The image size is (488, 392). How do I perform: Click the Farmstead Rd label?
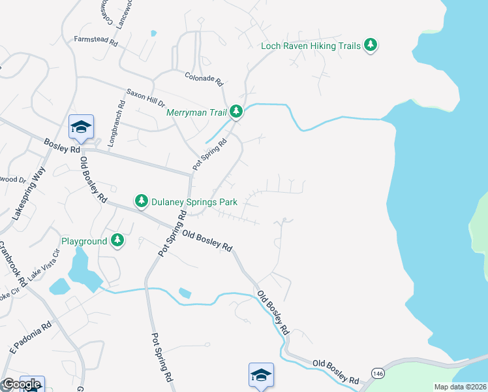click(x=95, y=41)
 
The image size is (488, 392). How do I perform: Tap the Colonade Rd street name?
click(x=204, y=79)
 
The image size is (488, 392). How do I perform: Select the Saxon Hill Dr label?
click(x=147, y=97)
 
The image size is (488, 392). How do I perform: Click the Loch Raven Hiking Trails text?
click(x=311, y=46)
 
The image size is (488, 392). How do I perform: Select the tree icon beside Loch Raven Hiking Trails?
click(x=371, y=45)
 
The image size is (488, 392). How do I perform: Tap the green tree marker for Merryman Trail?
click(x=236, y=112)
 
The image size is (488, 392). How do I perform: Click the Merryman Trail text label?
click(x=195, y=112)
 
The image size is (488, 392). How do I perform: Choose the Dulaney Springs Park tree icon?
click(x=141, y=202)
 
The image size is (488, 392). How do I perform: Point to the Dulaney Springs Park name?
click(x=194, y=202)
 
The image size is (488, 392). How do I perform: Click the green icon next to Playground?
click(x=117, y=241)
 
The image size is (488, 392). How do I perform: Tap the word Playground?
click(x=84, y=241)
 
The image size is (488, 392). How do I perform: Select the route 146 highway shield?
click(x=378, y=372)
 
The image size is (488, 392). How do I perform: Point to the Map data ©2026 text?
click(x=460, y=387)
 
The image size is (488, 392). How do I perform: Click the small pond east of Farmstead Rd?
click(x=153, y=33)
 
